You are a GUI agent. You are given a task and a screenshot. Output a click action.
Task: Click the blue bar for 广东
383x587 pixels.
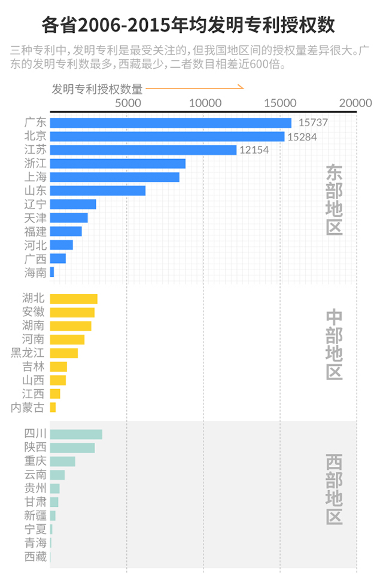click(x=171, y=123)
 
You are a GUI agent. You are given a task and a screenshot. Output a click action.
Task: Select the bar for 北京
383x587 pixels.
click(x=167, y=136)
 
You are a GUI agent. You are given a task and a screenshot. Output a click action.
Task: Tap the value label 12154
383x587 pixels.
click(x=254, y=150)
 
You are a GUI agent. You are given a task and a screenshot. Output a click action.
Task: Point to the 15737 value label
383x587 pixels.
click(x=313, y=123)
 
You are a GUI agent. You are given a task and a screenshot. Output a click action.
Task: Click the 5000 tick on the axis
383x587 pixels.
click(x=127, y=103)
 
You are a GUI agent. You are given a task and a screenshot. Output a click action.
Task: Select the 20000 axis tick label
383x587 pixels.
click(x=356, y=103)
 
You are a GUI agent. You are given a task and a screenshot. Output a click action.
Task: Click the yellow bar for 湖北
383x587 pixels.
click(x=74, y=299)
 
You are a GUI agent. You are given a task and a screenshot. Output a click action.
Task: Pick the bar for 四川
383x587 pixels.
click(x=76, y=435)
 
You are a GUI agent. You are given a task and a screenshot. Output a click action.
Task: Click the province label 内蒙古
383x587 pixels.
click(x=28, y=407)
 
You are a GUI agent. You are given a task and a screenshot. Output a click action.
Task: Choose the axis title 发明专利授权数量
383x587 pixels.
click(x=97, y=89)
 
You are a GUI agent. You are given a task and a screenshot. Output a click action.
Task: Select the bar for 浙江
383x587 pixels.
click(x=118, y=163)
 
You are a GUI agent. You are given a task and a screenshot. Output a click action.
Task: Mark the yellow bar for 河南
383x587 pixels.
click(x=67, y=340)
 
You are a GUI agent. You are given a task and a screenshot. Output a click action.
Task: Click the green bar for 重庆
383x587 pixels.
click(x=63, y=461)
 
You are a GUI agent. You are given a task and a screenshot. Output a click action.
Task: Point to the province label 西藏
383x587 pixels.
click(x=35, y=557)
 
